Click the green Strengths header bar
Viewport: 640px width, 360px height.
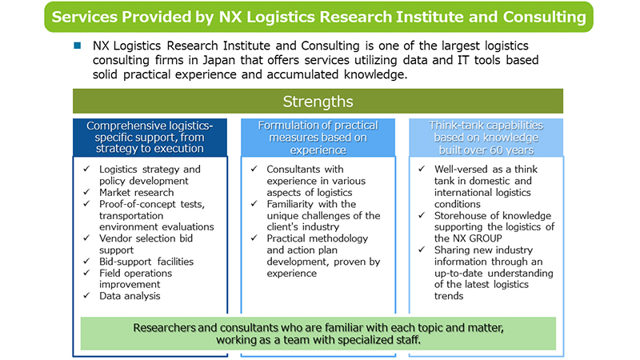point(318,102)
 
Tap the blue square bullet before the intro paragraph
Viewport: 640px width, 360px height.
point(78,46)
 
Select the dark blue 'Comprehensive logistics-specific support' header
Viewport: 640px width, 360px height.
point(151,137)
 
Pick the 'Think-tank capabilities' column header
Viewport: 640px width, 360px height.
point(486,137)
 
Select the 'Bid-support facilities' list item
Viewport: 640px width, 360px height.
point(146,261)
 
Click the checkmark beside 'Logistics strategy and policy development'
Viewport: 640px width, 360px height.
point(87,170)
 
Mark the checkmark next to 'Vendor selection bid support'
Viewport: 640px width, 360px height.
point(87,238)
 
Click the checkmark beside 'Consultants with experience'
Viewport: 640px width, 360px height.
point(254,170)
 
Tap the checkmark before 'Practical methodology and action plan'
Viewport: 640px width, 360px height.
point(254,238)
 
